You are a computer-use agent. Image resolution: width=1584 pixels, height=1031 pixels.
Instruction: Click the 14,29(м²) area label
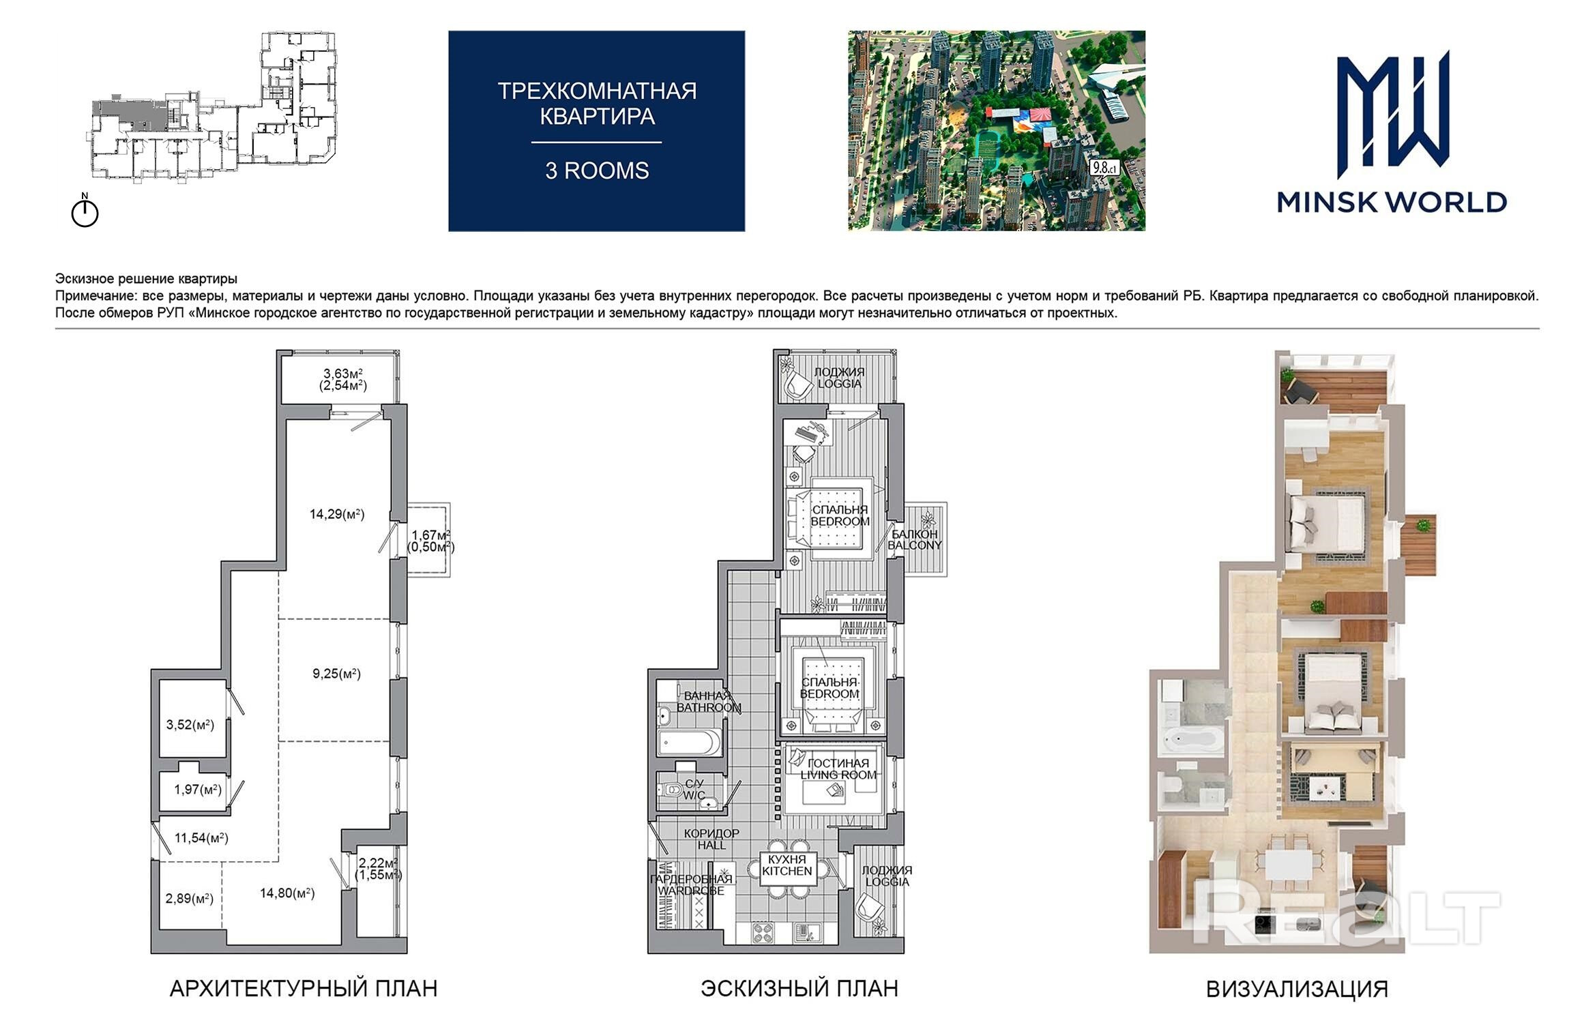pos(337,514)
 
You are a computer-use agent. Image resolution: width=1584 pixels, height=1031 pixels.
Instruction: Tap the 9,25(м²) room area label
pos(336,674)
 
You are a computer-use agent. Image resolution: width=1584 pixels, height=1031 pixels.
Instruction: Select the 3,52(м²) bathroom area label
pos(190,725)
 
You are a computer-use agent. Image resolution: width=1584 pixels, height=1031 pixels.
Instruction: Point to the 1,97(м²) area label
pos(198,790)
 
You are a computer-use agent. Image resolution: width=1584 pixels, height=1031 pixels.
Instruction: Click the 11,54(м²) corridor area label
pos(201,838)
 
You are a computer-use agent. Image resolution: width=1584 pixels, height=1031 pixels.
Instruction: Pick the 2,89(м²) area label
pos(190,899)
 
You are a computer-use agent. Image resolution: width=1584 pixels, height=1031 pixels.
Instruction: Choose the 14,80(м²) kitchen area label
pos(287,893)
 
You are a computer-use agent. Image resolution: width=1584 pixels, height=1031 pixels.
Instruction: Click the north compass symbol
pos(85,211)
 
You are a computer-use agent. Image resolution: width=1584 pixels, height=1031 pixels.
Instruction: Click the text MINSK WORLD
pos(1392,203)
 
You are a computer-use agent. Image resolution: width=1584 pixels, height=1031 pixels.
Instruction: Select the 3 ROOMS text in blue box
pos(597,170)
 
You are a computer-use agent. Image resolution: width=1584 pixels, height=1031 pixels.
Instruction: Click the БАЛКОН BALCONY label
pos(915,539)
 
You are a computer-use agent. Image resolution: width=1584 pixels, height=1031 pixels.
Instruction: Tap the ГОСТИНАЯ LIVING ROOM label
pos(838,769)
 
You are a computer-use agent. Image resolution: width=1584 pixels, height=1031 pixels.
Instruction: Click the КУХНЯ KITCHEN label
pos(787,865)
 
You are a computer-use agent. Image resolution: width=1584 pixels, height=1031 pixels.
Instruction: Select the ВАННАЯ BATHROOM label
pos(709,702)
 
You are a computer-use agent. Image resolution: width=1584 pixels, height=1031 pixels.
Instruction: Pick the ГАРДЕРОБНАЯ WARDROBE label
pos(691,885)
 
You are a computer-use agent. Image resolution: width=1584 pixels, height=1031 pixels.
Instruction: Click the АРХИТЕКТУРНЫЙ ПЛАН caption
pos(304,989)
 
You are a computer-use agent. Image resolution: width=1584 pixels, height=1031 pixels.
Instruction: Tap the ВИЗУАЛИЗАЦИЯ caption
pos(1297,989)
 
